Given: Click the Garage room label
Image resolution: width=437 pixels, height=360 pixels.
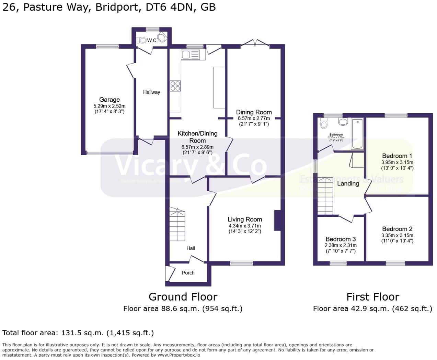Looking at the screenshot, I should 110,100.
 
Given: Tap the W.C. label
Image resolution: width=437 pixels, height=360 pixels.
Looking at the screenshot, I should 152,41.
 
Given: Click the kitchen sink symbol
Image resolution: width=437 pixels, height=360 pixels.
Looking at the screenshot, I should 190,55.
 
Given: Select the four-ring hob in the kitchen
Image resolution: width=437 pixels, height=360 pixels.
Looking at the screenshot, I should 175,86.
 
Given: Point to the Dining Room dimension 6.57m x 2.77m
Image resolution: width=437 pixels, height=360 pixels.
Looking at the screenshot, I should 254,118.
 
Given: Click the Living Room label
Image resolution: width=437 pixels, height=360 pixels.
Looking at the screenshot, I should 245,219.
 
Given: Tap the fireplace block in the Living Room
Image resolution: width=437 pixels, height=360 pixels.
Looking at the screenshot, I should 278,220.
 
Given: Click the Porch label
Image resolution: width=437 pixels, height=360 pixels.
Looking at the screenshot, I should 188,273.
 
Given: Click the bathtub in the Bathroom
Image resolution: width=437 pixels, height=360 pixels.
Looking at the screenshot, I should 357,134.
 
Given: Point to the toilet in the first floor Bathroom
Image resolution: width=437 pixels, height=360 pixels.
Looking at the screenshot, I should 324,123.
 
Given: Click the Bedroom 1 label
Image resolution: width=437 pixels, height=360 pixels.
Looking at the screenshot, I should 397,156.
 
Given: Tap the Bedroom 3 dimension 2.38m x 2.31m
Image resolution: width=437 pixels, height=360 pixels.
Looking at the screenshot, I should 341,245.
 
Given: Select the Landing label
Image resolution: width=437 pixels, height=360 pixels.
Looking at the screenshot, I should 348,183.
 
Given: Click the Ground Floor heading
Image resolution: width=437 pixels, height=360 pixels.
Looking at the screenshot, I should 183,297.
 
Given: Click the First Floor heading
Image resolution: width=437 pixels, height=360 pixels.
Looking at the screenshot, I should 372,297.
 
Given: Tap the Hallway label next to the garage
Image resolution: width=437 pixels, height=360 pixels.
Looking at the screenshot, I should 151,92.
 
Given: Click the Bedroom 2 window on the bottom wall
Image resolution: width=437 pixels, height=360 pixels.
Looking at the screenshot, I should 395,263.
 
